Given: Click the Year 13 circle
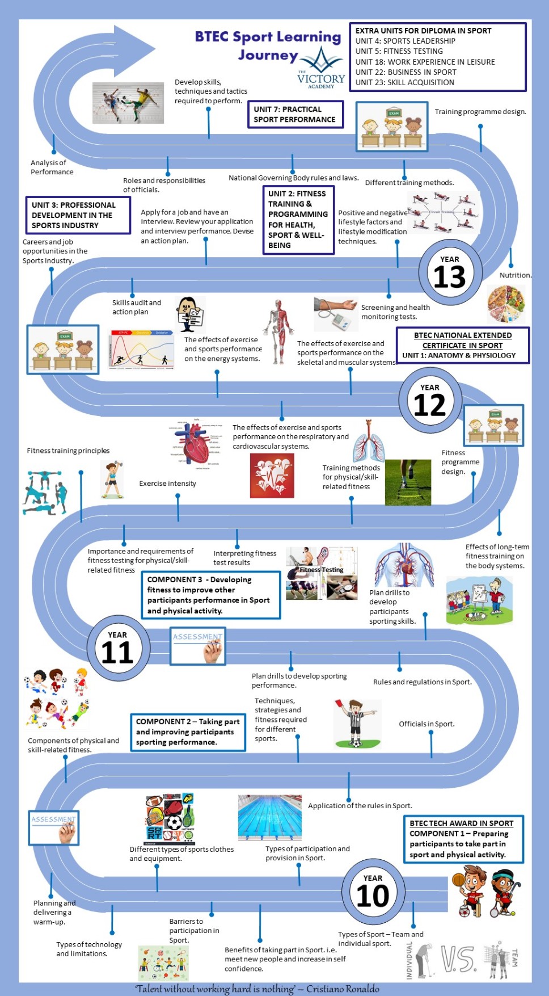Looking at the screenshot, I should [x=450, y=272].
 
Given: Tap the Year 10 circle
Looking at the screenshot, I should [x=373, y=891].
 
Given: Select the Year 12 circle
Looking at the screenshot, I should [x=430, y=400].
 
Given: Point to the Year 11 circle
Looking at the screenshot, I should [x=118, y=648].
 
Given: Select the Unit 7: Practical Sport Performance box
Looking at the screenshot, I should [x=295, y=114].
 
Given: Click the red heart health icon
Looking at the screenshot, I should [x=272, y=476].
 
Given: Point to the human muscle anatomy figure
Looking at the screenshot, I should [x=278, y=331].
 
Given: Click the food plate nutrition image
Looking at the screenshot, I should [x=506, y=304].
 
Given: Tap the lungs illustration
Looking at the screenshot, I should [x=369, y=442].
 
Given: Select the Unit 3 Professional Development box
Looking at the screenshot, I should [x=78, y=215].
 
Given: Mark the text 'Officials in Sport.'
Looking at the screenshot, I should [x=426, y=724].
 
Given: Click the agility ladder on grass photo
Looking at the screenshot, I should [x=408, y=482].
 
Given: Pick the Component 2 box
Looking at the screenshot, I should [x=188, y=732].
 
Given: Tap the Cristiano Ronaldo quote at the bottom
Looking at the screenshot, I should [x=257, y=989].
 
